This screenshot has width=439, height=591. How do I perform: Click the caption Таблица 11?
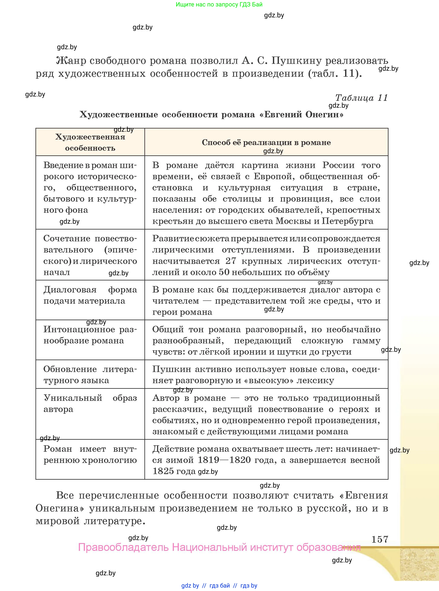pos(361,98)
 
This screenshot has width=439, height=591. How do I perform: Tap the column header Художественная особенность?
pos(90,142)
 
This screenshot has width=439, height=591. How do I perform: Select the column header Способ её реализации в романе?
pos(266,142)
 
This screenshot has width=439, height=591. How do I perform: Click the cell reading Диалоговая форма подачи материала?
pos(90,295)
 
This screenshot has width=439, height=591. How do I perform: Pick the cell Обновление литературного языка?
pos(90,375)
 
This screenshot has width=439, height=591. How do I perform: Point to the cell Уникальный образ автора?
pos(90,403)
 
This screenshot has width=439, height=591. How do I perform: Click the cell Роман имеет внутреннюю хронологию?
pos(90,454)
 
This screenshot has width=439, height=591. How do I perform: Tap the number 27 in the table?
pos(231,261)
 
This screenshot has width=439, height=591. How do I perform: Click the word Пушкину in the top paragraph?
pos(297,61)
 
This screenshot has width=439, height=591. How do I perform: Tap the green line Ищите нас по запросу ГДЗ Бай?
pos(219,5)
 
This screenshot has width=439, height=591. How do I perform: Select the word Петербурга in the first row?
pos(347,221)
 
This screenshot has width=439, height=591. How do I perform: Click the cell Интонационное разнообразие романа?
pos(90,335)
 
